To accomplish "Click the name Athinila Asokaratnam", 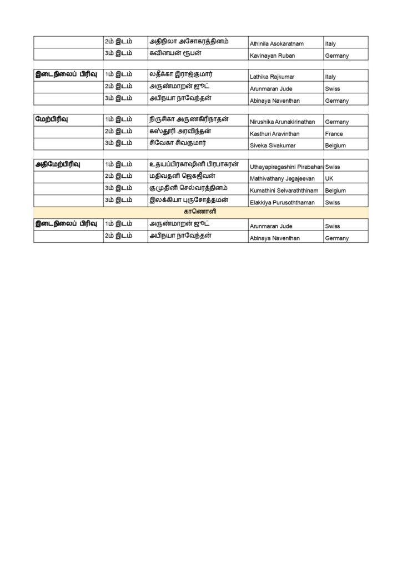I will (279, 43).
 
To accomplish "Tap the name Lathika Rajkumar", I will (272, 77).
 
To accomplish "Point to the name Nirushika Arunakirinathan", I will (283, 122).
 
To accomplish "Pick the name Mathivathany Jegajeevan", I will (282, 178).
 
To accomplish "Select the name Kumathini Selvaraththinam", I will (284, 191).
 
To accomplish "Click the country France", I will (334, 134).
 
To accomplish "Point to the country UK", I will (329, 178).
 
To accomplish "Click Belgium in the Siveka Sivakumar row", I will (336, 146).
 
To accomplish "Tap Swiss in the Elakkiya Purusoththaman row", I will (333, 203).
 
